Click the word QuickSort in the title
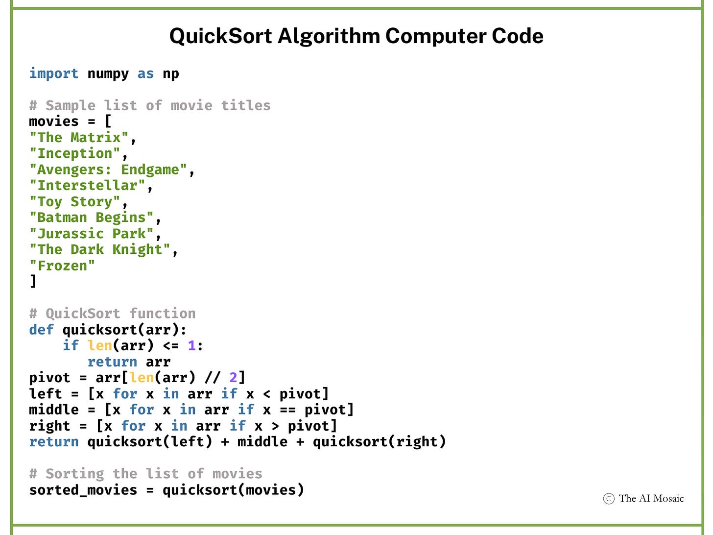pyautogui.click(x=221, y=36)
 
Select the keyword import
pyautogui.click(x=53, y=73)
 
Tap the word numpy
pyautogui.click(x=108, y=73)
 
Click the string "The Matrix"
pyautogui.click(x=79, y=138)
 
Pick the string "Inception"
pyautogui.click(x=74, y=153)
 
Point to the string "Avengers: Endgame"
pyautogui.click(x=108, y=170)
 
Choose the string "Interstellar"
pyautogui.click(x=87, y=186)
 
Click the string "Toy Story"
pyautogui.click(x=74, y=202)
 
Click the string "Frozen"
pyautogui.click(x=62, y=266)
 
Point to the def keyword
pyautogui.click(x=41, y=330)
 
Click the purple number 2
pyautogui.click(x=233, y=378)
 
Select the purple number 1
pyautogui.click(x=191, y=345)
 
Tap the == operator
pyautogui.click(x=287, y=410)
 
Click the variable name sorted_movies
pyautogui.click(x=83, y=490)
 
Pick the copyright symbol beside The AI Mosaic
pyautogui.click(x=609, y=499)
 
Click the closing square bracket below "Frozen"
pyautogui.click(x=33, y=282)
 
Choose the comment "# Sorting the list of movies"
pyautogui.click(x=145, y=474)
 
